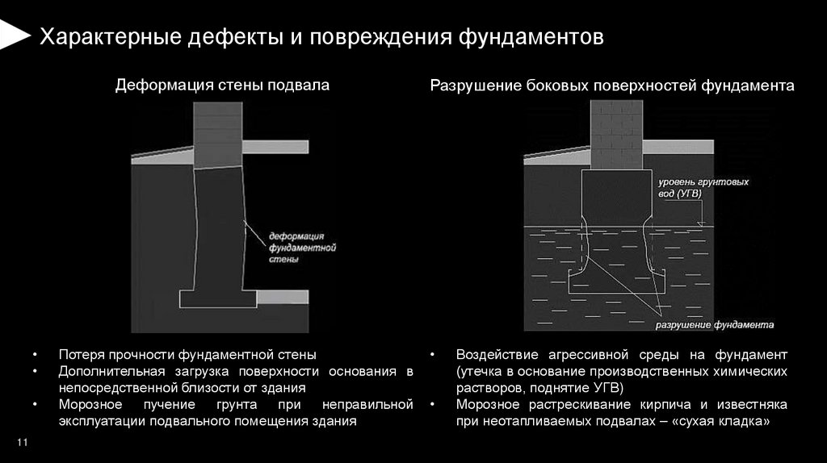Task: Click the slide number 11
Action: point(22,443)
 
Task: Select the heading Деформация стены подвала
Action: point(222,85)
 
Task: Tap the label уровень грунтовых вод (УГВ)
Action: point(702,188)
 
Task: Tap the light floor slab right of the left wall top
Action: point(275,147)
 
